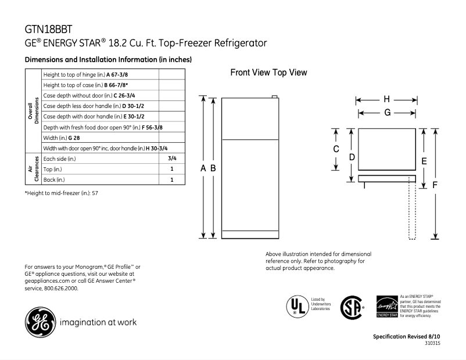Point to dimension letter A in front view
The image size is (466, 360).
coord(203,168)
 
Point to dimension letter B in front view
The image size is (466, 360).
coord(213,168)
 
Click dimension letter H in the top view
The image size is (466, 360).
coord(386,99)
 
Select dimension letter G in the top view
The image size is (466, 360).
coord(386,113)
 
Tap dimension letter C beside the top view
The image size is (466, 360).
coord(336,149)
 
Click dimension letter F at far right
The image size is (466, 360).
coord(435,185)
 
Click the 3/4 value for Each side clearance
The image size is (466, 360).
coord(172,159)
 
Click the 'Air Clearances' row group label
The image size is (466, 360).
coord(33,169)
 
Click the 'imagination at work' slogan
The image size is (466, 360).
coord(98,322)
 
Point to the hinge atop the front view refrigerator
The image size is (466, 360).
coord(275,98)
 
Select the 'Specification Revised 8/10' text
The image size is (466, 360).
coord(406,337)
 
